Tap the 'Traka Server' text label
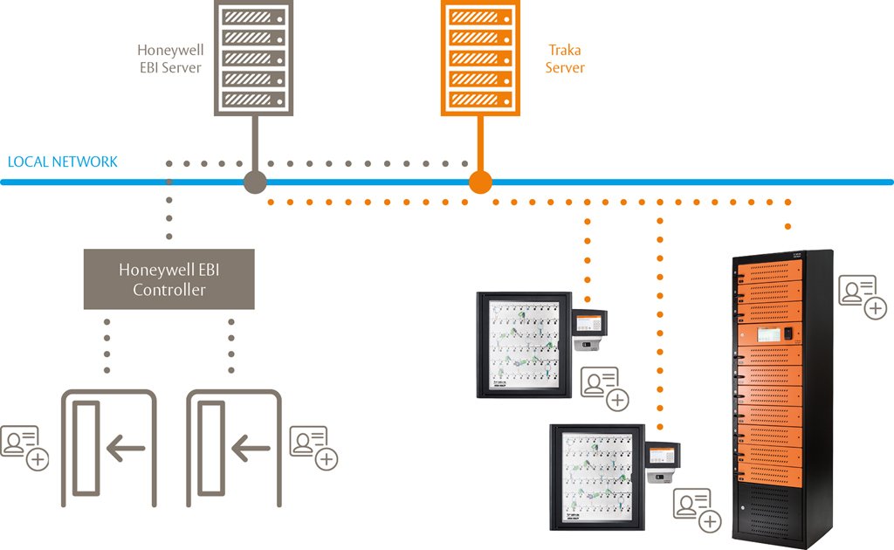tap(565, 59)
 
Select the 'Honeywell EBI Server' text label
tap(170, 59)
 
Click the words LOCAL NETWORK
tap(62, 162)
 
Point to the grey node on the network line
tap(254, 182)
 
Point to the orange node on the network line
tap(480, 182)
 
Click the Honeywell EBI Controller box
tap(168, 279)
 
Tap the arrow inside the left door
tap(125, 450)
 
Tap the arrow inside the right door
tap(251, 450)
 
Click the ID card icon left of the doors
tap(24, 447)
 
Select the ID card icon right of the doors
tap(313, 447)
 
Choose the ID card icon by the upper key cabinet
tap(605, 388)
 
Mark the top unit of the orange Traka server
tap(479, 17)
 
